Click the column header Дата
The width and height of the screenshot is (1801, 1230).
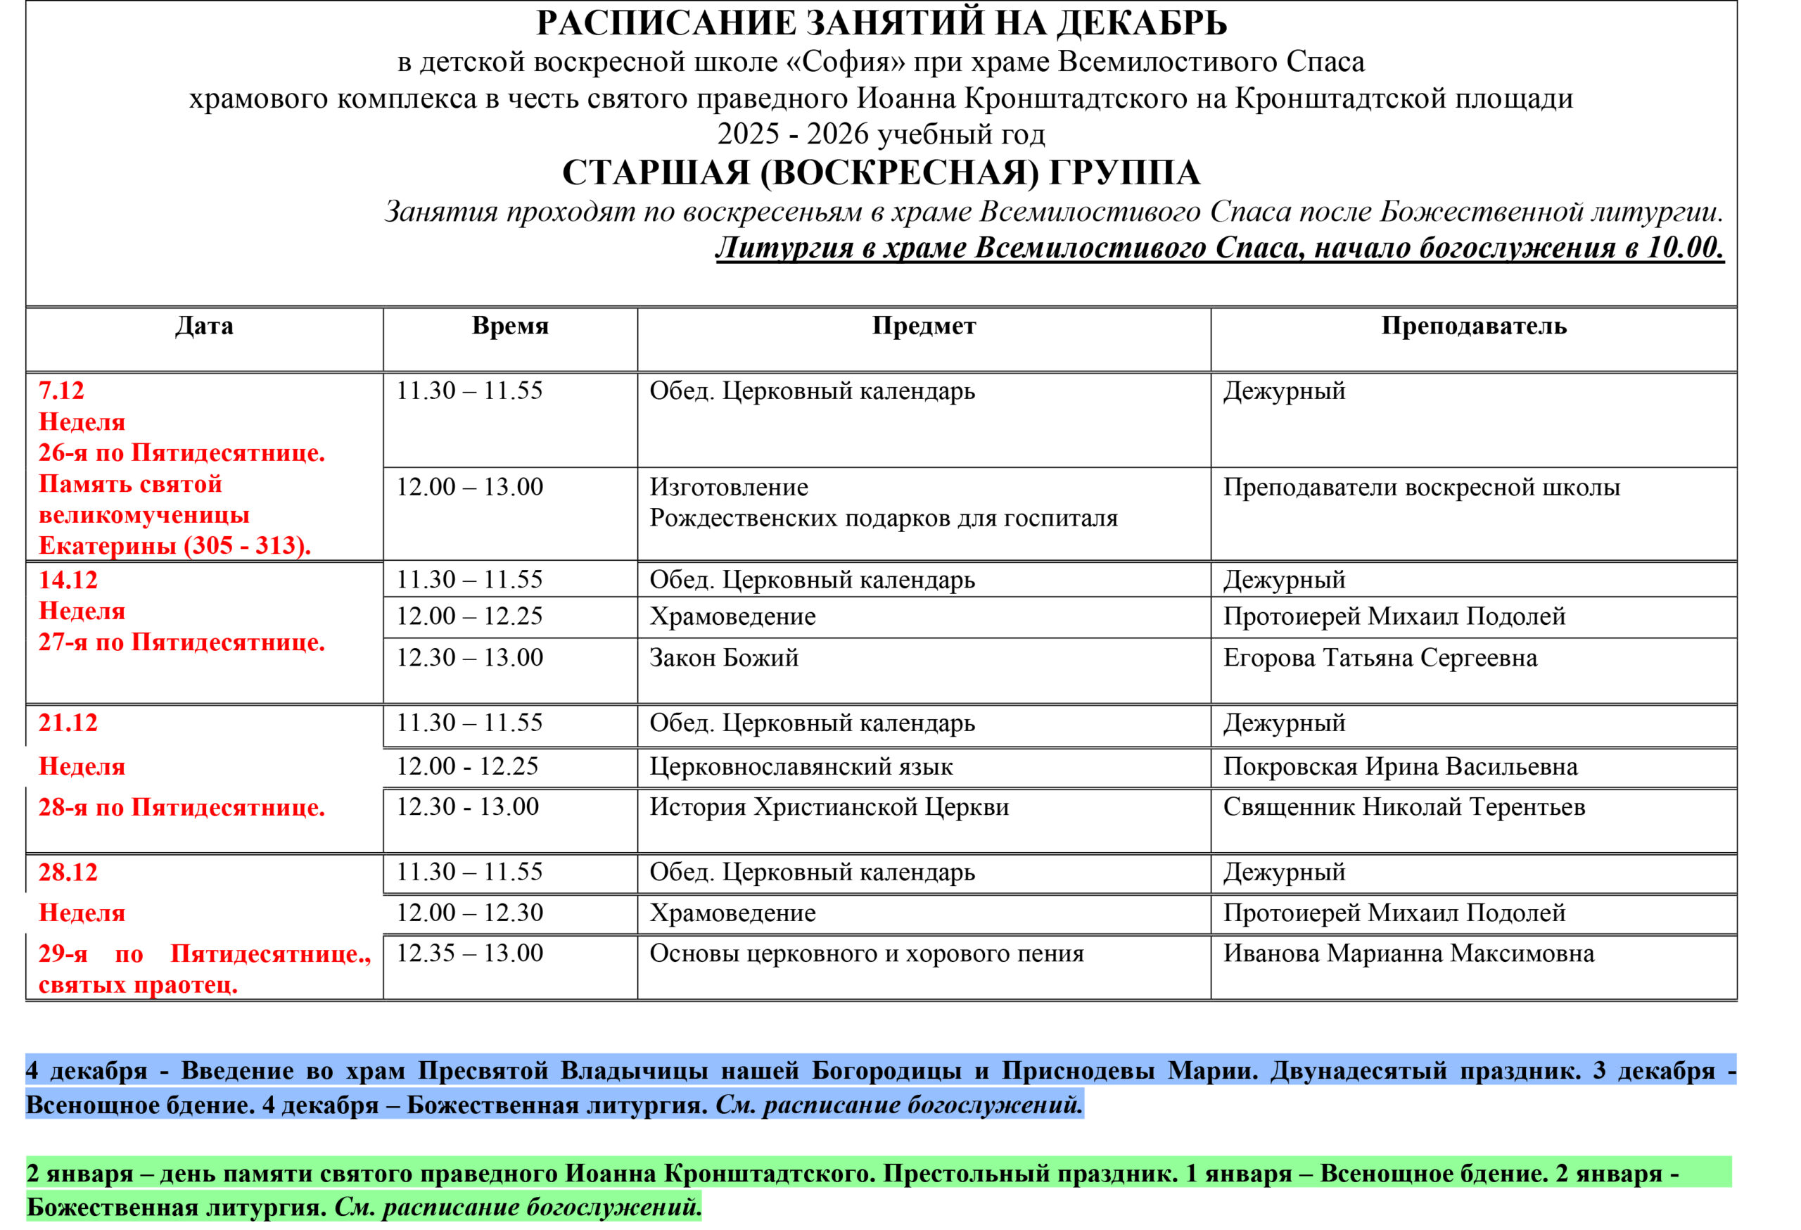click(x=204, y=326)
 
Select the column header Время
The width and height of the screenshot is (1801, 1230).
click(x=510, y=326)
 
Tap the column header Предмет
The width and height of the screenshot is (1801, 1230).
click(x=924, y=326)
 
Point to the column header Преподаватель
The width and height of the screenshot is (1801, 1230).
click(x=1473, y=326)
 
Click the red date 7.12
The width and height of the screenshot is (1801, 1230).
click(x=61, y=391)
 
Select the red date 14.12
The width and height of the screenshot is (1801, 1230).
click(x=68, y=580)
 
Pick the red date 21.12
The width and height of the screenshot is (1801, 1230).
click(x=68, y=723)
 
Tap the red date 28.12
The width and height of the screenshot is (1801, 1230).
click(x=68, y=872)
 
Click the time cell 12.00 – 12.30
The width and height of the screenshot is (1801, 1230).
click(x=470, y=912)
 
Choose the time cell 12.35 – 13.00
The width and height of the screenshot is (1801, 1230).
click(x=470, y=953)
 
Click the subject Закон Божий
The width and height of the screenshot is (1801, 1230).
click(x=724, y=657)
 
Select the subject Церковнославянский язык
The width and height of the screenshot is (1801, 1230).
click(x=801, y=766)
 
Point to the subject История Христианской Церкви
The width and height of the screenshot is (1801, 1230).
click(x=829, y=807)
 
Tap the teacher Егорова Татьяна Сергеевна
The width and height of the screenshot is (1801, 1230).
click(x=1380, y=657)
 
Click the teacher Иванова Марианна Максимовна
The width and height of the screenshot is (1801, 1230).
click(x=1409, y=953)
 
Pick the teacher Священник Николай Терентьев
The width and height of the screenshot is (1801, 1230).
click(x=1404, y=807)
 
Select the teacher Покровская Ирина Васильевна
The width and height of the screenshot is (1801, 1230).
click(x=1400, y=766)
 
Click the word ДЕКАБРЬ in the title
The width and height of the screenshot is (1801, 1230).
click(x=1142, y=23)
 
